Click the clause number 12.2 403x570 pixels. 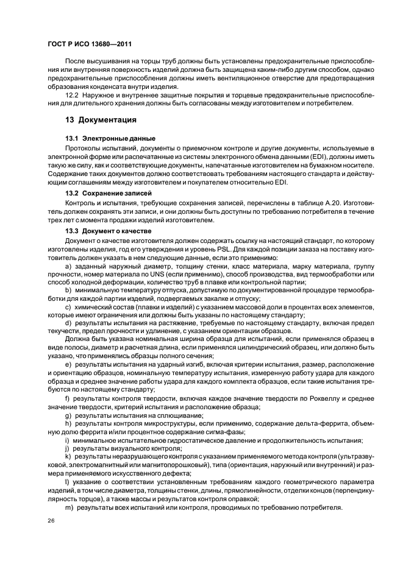[x=71, y=96]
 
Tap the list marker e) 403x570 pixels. [x=68, y=364]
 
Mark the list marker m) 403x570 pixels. [x=68, y=508]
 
